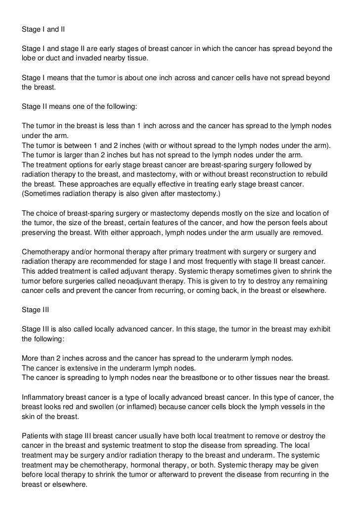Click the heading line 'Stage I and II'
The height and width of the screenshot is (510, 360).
pyautogui.click(x=44, y=29)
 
